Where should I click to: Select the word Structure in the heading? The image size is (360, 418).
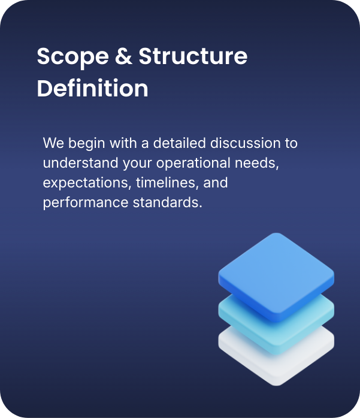click(x=193, y=57)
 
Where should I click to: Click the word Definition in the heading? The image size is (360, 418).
click(x=92, y=89)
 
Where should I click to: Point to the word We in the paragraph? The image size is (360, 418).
click(x=53, y=144)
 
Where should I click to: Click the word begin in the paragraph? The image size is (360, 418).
click(x=83, y=144)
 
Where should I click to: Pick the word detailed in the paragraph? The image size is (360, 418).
click(x=175, y=144)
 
